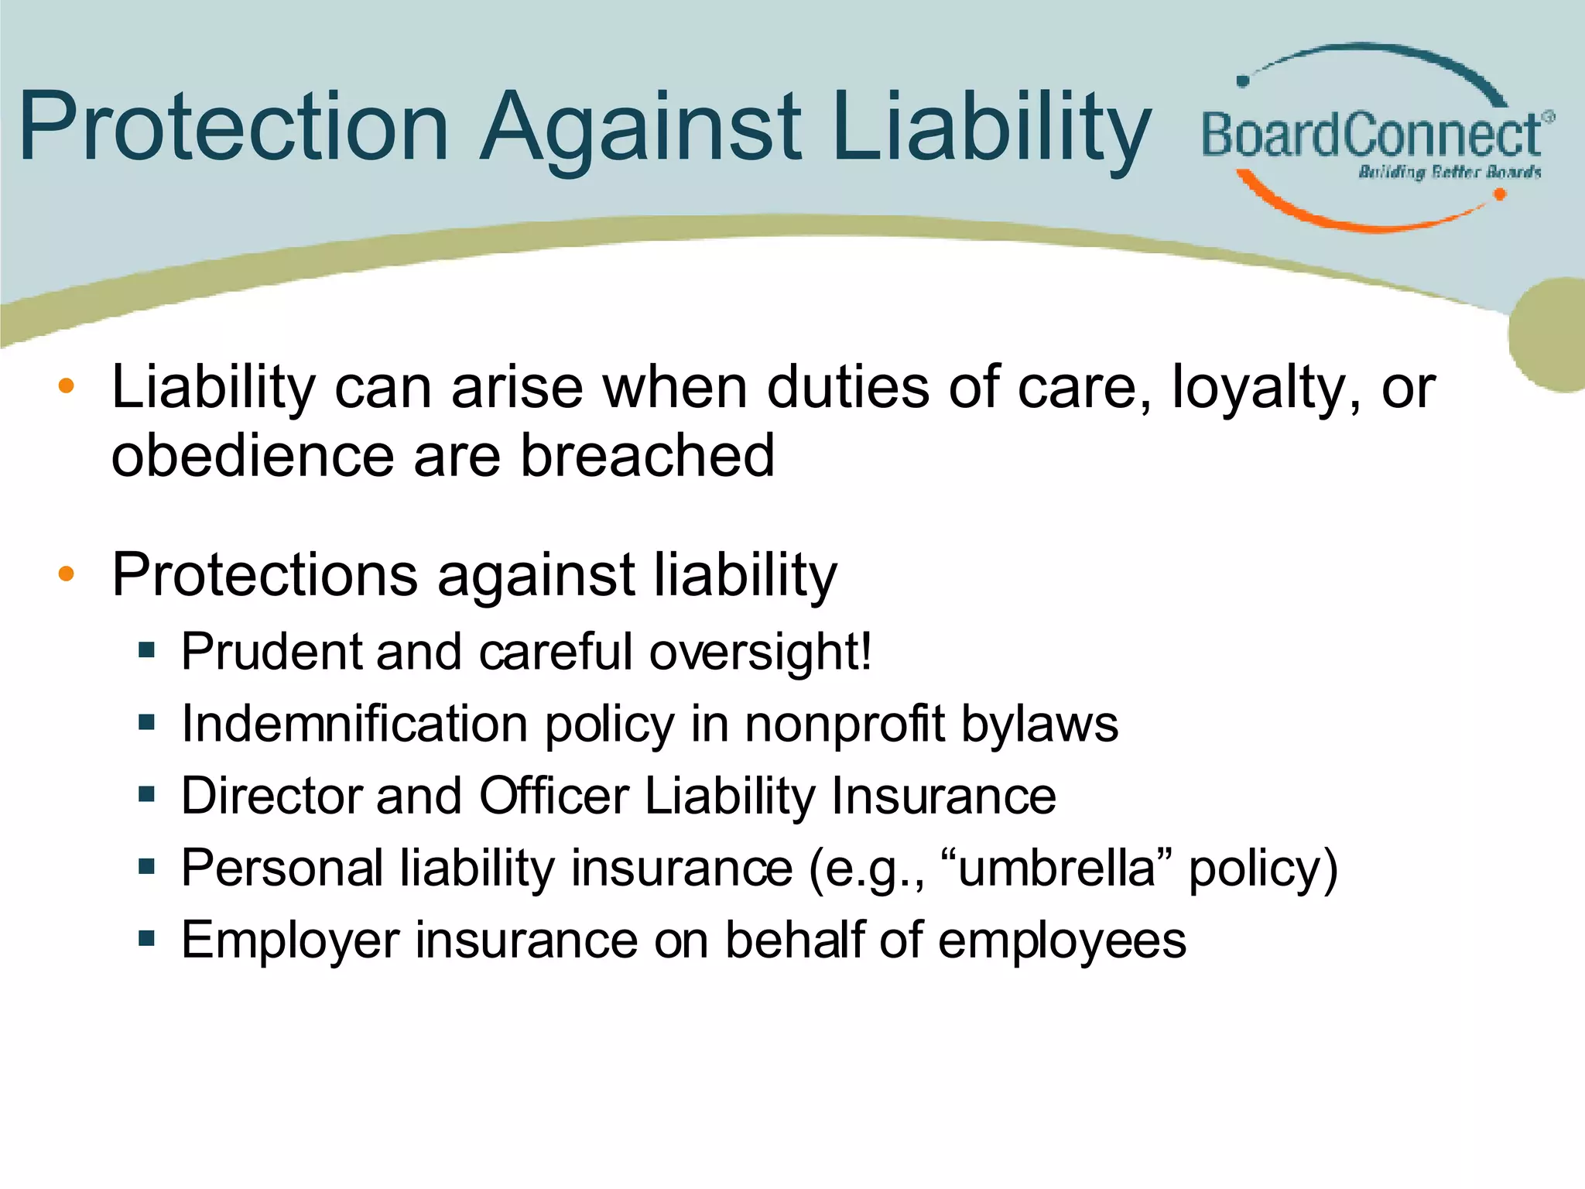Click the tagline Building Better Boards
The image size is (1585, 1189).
[x=1450, y=172]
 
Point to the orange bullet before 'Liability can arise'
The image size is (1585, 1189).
[x=67, y=385]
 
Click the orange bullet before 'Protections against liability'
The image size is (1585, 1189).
[x=67, y=574]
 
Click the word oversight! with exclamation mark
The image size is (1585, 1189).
[x=760, y=653]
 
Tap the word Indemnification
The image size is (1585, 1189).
[x=354, y=724]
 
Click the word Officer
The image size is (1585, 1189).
[x=553, y=796]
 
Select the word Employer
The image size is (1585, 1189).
[x=289, y=941]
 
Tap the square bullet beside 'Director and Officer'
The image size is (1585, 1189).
[x=147, y=794]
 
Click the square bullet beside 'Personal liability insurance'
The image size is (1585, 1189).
[x=147, y=866]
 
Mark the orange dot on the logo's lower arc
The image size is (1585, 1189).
[x=1499, y=194]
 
